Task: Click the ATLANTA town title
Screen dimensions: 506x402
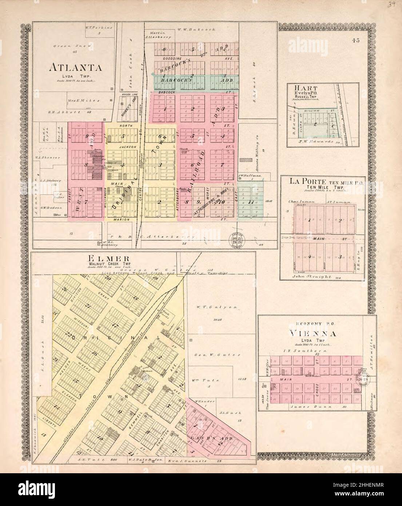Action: click(76, 68)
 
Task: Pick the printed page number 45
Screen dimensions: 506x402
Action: click(355, 41)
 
